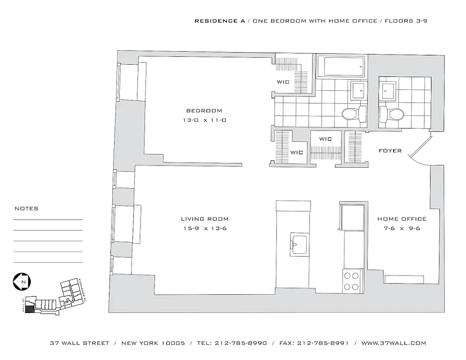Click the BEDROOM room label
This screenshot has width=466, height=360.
pos(204,111)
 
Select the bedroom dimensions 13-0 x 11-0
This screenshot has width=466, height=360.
pos(204,120)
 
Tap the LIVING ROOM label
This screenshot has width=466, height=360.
pos(204,219)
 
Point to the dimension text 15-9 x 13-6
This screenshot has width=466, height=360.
pos(204,229)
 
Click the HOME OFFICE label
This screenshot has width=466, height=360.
pos(402,219)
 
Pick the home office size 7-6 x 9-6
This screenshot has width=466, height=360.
pos(402,229)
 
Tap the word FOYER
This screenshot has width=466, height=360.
pos(390,151)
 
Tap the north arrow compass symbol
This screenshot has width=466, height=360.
pos(22,282)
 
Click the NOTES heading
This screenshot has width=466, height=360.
pos(27,209)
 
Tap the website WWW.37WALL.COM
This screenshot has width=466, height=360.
pos(394,343)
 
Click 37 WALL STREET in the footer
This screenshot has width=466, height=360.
pos(80,343)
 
